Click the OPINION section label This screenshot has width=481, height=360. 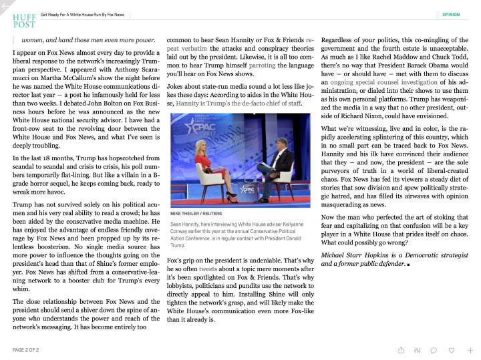pos(451,14)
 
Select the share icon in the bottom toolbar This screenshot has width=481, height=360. pos(401,349)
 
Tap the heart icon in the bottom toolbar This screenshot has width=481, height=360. pos(452,349)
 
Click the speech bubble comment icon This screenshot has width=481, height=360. pos(434,349)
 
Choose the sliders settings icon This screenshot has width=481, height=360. pos(418,349)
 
